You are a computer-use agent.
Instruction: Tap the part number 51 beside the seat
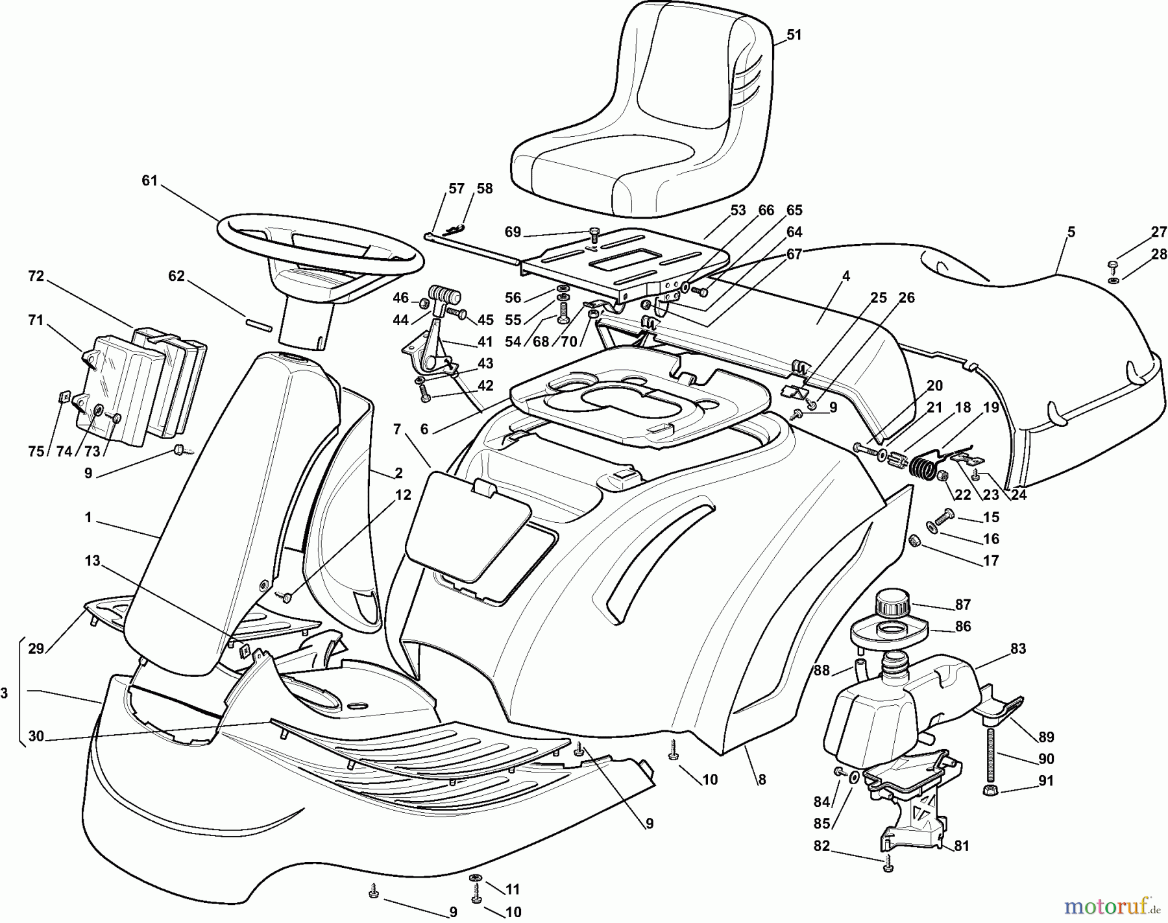coord(794,36)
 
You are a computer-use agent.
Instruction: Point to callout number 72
coord(36,276)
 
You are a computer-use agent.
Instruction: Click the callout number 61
coord(150,181)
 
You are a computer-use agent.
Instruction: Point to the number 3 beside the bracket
coord(5,693)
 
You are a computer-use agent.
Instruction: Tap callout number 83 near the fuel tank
coord(1018,648)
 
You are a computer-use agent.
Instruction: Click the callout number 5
coord(1071,232)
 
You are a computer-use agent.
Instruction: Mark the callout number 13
coord(93,560)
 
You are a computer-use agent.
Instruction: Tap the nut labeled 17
coord(914,539)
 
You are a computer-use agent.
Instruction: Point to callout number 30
coord(36,736)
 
